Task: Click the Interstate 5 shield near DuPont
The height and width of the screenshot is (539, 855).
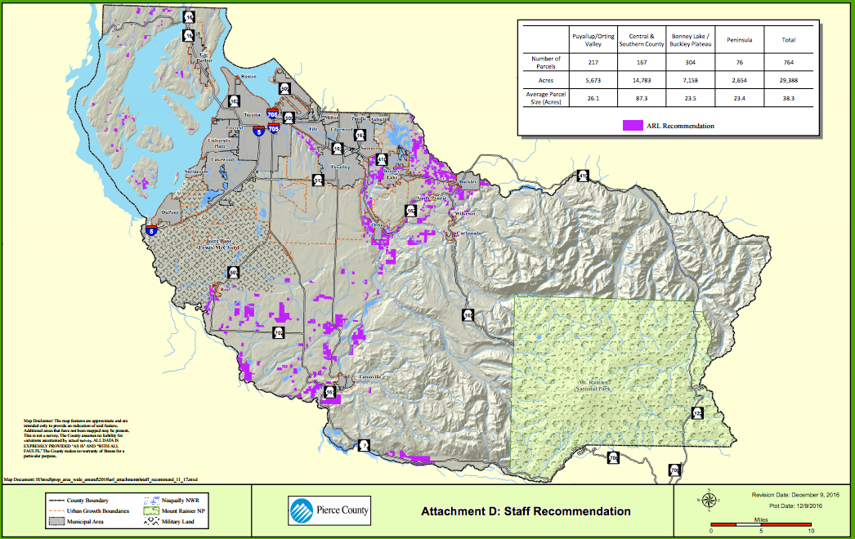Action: pyautogui.click(x=150, y=230)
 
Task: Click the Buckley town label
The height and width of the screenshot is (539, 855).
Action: pyautogui.click(x=468, y=181)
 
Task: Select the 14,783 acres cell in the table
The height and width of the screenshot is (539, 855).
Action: pyautogui.click(x=634, y=80)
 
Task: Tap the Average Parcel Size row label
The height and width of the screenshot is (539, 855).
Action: pyautogui.click(x=546, y=98)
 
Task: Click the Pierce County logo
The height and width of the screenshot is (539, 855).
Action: pyautogui.click(x=329, y=511)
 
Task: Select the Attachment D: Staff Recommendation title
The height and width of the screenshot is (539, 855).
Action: pyautogui.click(x=526, y=512)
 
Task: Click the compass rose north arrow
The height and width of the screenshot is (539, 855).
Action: pyautogui.click(x=708, y=500)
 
